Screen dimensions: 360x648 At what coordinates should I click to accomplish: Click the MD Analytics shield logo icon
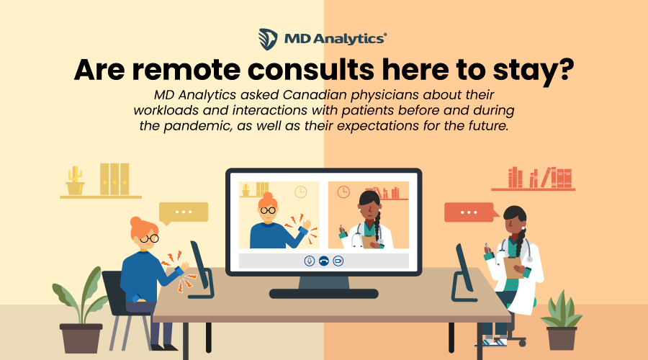coord(268,37)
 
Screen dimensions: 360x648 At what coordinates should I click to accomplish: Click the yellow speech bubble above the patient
coord(183,212)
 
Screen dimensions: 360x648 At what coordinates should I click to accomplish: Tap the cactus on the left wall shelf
coord(74,181)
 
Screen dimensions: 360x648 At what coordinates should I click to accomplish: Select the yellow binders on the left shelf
coord(114,179)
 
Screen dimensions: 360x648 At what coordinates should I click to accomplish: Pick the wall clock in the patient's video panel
coord(300,192)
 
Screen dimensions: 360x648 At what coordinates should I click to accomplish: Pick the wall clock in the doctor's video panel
coord(343,192)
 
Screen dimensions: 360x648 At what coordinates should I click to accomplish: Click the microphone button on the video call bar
coord(309,261)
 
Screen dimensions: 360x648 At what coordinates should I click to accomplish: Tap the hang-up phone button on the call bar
coord(323,261)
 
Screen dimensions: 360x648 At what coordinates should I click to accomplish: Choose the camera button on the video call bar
coord(338,261)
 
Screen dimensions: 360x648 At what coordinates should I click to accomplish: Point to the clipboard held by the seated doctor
coord(513,266)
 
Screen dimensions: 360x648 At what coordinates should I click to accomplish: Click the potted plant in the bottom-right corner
coord(561,321)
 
